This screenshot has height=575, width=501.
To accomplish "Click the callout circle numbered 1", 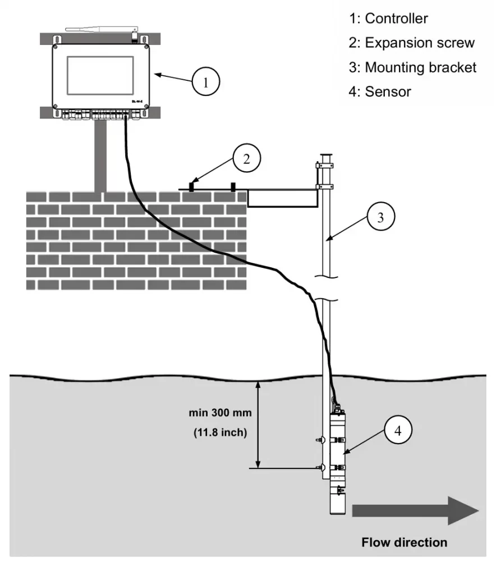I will (x=205, y=83).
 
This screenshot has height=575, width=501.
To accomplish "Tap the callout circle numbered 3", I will (x=380, y=218).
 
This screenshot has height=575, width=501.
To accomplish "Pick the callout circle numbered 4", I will (x=398, y=431).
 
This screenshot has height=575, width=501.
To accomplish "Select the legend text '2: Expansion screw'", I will (x=412, y=43).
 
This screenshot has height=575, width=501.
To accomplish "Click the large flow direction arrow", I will (x=415, y=510).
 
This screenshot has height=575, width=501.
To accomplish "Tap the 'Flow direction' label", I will (x=405, y=542).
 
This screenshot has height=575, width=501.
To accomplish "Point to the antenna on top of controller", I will (x=101, y=28).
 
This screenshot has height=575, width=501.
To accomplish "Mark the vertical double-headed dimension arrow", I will (x=259, y=425).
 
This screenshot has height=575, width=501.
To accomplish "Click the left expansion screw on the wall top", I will (x=192, y=186).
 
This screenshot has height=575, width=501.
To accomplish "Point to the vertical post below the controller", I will (x=101, y=154).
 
